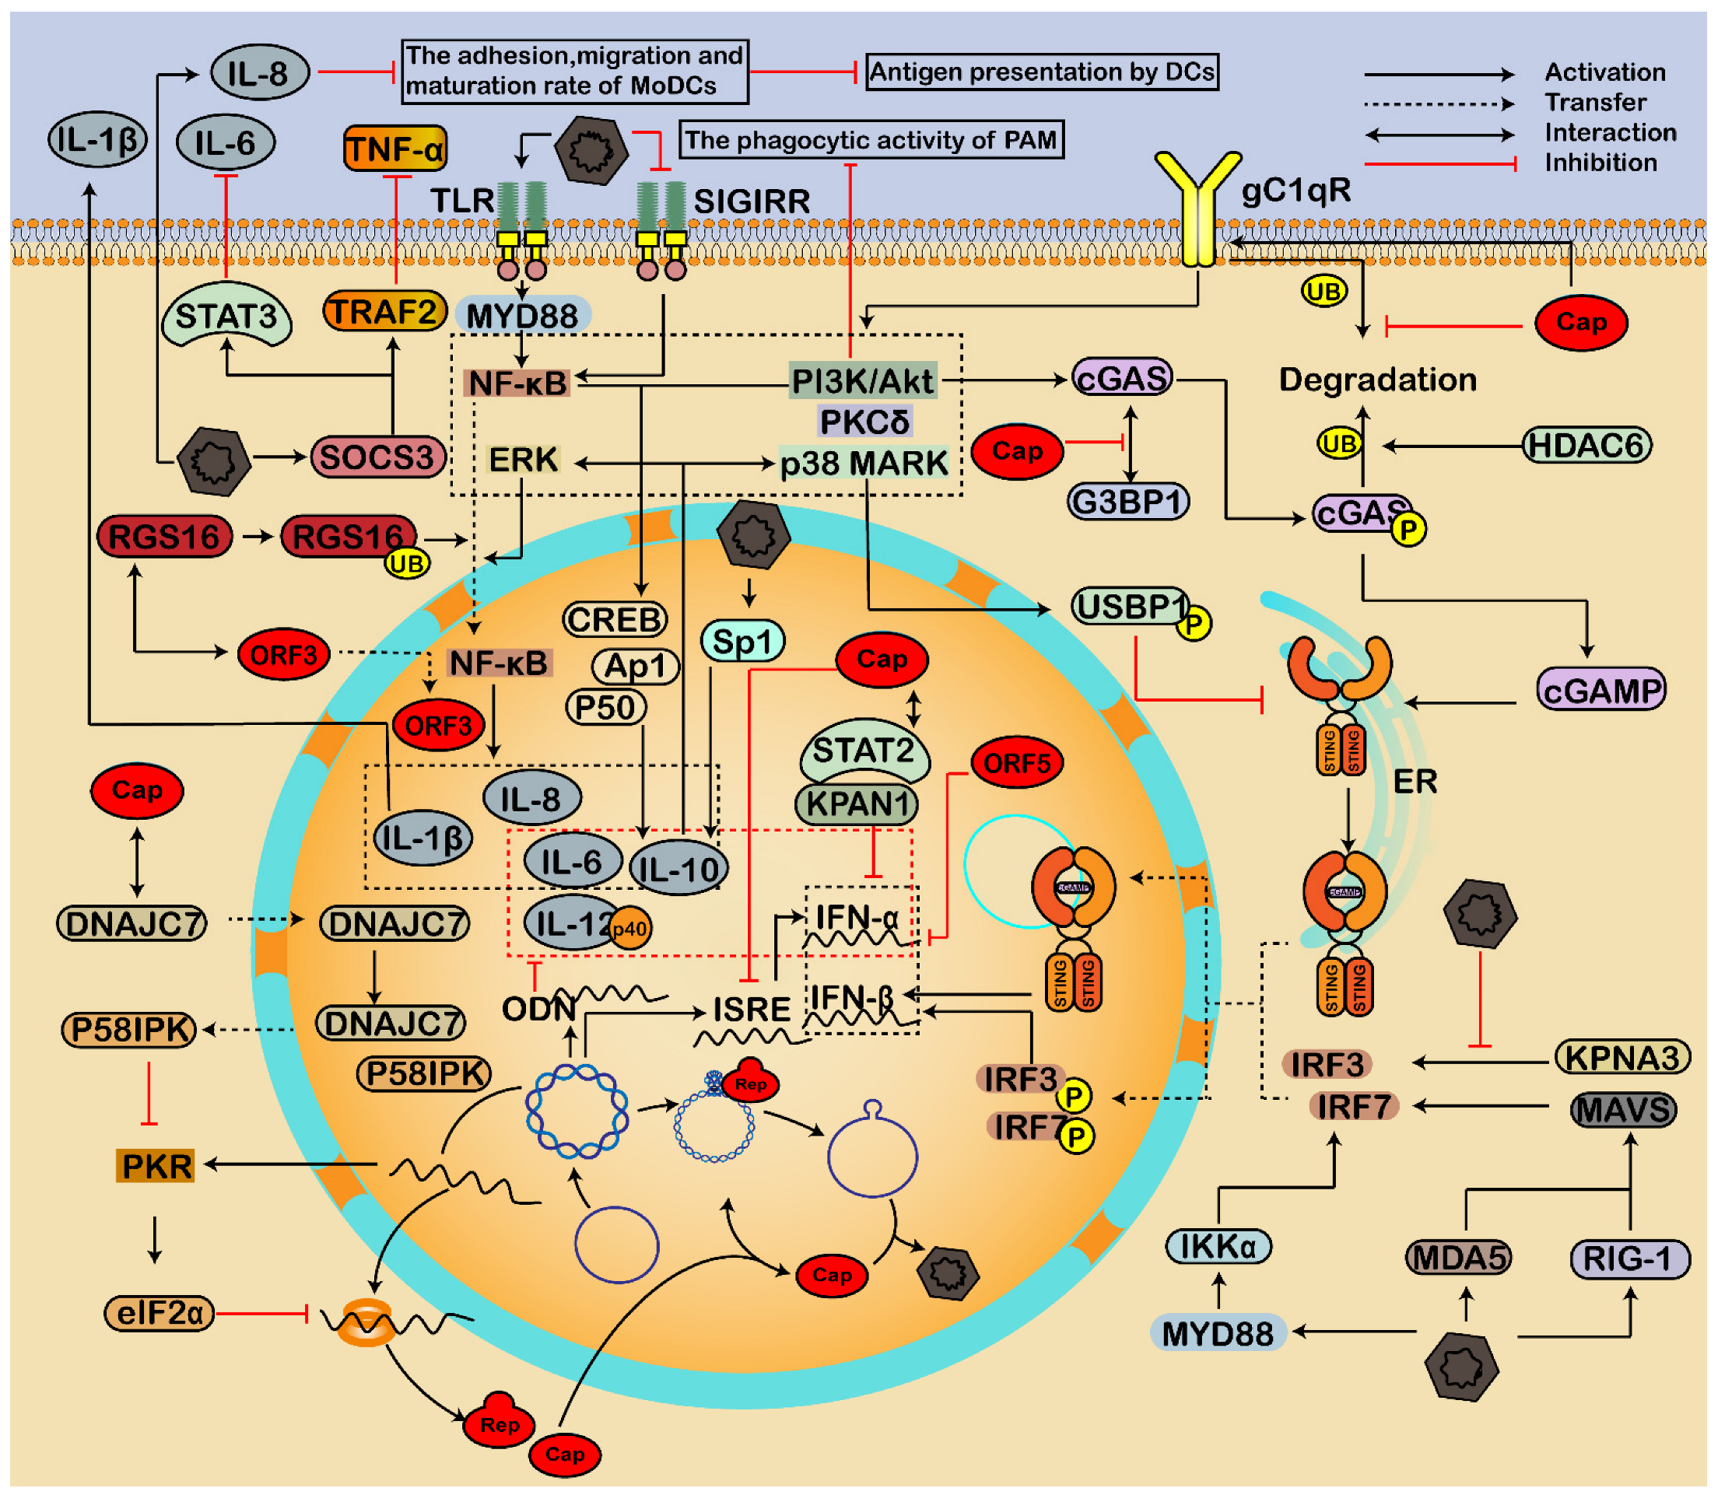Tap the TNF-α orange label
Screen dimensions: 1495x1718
pyautogui.click(x=395, y=149)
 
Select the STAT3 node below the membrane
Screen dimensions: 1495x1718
pyautogui.click(x=226, y=317)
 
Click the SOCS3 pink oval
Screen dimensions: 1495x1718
pyautogui.click(x=378, y=457)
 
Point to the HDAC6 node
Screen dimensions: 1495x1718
pyautogui.click(x=1587, y=446)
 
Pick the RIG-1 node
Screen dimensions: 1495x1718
pyautogui.click(x=1629, y=1259)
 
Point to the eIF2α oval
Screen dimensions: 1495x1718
pyautogui.click(x=160, y=1314)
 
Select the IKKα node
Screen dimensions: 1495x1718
pyautogui.click(x=1219, y=1247)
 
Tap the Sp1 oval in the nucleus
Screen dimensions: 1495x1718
pyautogui.click(x=742, y=642)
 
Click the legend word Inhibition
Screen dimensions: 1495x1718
pyautogui.click(x=1601, y=163)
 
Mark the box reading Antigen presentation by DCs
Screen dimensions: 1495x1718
pyautogui.click(x=1043, y=72)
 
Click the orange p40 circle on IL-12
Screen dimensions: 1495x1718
pyautogui.click(x=630, y=929)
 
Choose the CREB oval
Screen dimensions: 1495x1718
pyautogui.click(x=615, y=620)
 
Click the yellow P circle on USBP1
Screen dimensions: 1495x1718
pyautogui.click(x=1195, y=624)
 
